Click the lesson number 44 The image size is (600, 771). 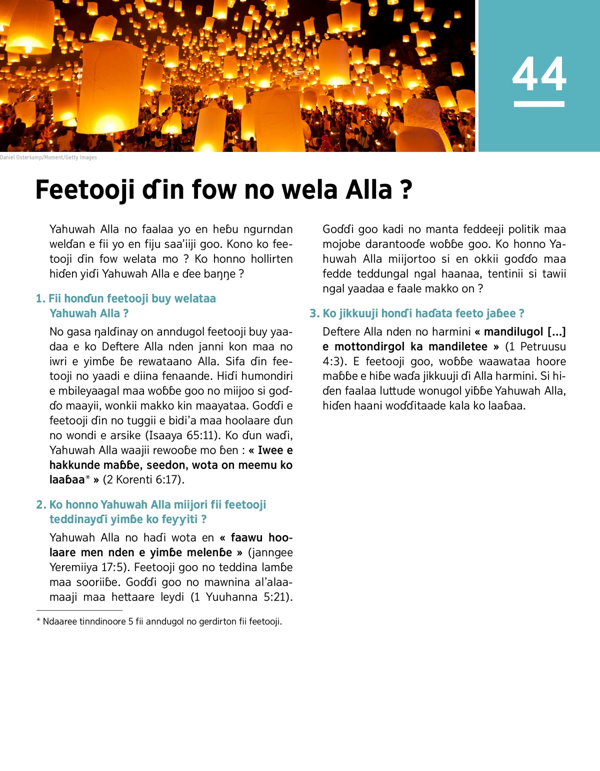tap(539, 74)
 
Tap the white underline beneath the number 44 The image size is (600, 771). tap(539, 104)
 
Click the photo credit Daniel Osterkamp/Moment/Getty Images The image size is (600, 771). tap(48, 157)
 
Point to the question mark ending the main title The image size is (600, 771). tap(406, 190)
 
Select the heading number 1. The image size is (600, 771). tap(40, 299)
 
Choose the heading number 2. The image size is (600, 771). tap(40, 505)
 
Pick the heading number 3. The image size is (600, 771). tap(313, 313)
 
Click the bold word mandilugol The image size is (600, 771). tap(513, 332)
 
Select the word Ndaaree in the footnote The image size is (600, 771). tap(59, 622)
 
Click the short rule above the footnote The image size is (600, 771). tap(79, 610)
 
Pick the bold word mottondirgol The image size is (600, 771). tap(369, 347)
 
